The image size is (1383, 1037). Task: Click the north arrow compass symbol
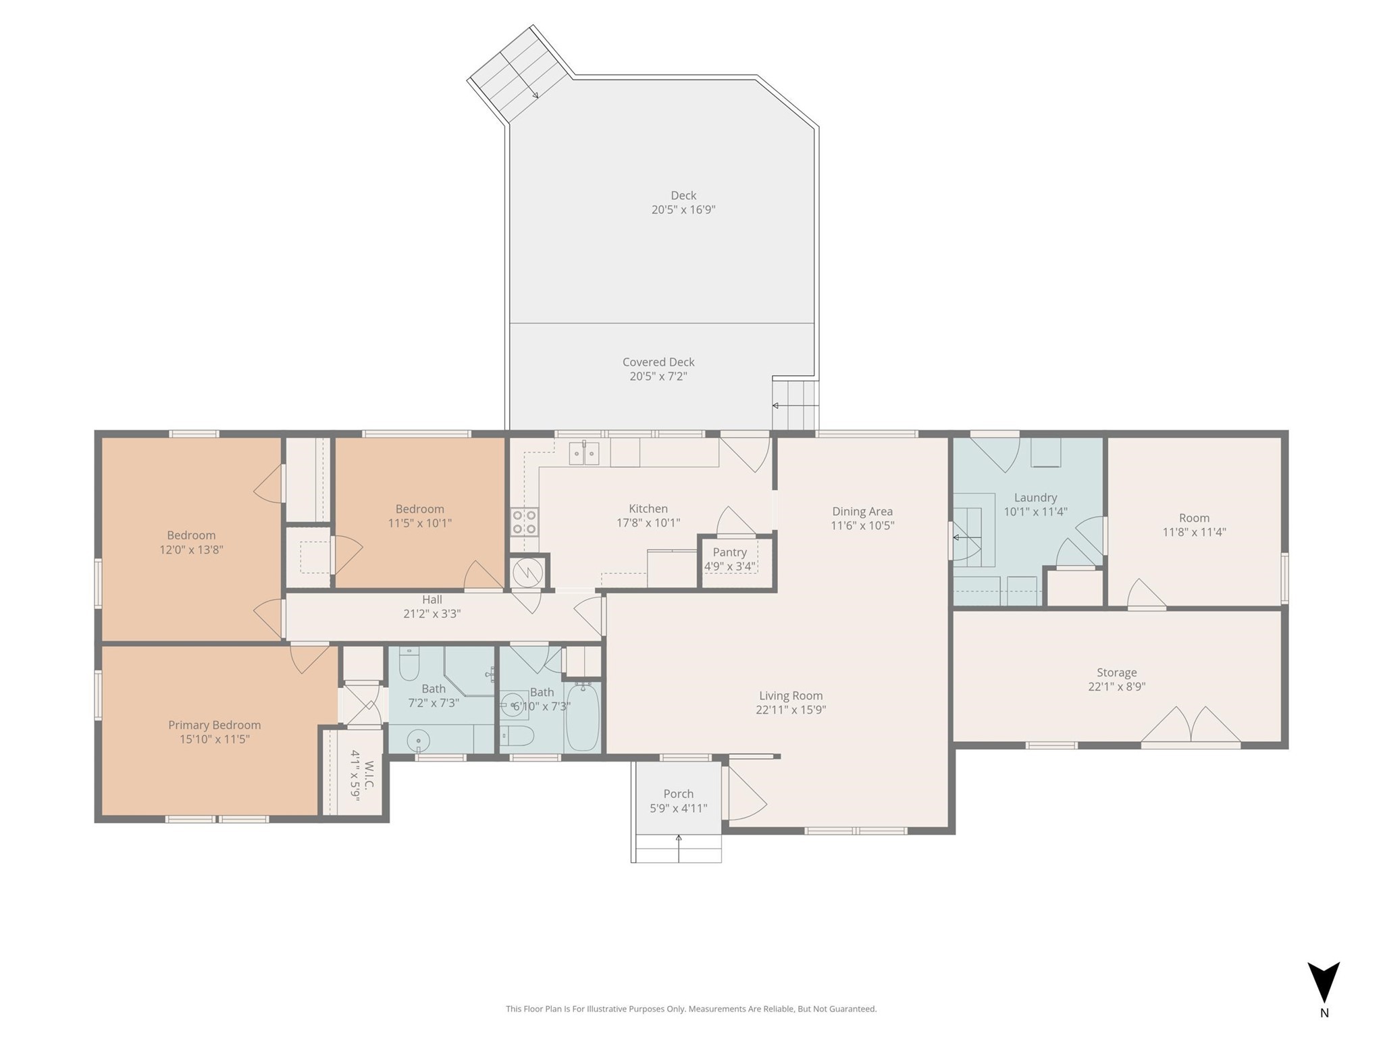(x=1324, y=983)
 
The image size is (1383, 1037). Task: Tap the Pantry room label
(x=729, y=552)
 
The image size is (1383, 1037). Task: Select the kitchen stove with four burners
(x=524, y=521)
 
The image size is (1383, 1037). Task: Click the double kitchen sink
(x=583, y=453)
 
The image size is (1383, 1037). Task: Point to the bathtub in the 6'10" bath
(x=582, y=717)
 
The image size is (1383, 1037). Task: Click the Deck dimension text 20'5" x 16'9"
(x=683, y=210)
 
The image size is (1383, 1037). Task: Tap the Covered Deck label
(x=658, y=362)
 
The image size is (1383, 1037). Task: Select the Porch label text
(x=678, y=794)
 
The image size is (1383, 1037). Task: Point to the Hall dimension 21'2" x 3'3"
(x=432, y=614)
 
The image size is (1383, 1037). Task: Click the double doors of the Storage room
(x=1191, y=726)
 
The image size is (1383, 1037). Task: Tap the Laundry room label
(x=1035, y=498)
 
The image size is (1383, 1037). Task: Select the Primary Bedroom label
(x=214, y=725)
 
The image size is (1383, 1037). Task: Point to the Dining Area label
(x=862, y=511)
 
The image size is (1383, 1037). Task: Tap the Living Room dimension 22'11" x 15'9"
(x=791, y=710)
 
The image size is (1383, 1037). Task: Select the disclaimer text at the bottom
(x=691, y=1009)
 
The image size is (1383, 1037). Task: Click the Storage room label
(x=1116, y=672)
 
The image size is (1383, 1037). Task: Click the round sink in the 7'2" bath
(x=419, y=741)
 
